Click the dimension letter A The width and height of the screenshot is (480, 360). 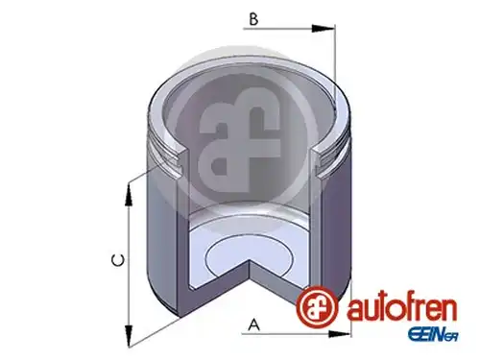[254, 324]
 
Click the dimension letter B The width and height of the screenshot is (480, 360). [253, 19]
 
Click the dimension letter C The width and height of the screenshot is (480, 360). [118, 260]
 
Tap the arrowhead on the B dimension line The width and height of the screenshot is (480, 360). [324, 29]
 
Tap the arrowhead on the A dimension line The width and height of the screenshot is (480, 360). [339, 334]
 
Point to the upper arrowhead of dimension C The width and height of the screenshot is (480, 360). [129, 195]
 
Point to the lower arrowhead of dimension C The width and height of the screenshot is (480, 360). [129, 336]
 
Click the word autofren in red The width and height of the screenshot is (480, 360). [402, 308]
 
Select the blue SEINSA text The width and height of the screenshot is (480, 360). [433, 336]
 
